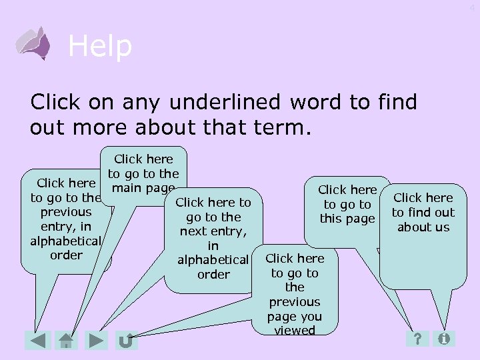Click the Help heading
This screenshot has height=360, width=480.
tap(100, 47)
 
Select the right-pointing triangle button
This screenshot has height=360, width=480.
tap(97, 341)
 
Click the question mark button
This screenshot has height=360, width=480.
tap(417, 339)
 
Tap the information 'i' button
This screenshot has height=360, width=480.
tap(444, 339)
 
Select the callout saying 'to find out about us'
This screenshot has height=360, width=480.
tap(423, 213)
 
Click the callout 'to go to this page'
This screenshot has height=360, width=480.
tap(347, 205)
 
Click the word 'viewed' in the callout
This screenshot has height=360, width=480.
tap(294, 331)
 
